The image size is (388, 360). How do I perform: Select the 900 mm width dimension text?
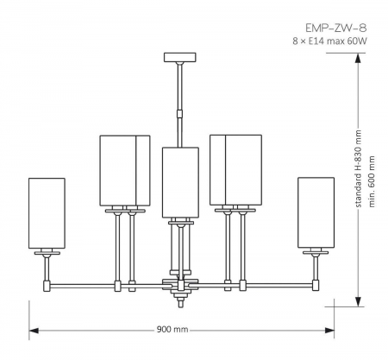[172, 331]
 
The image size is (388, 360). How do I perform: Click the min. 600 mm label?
[372, 186]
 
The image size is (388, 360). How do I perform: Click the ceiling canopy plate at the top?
[178, 58]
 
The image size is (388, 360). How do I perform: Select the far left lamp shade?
[47, 212]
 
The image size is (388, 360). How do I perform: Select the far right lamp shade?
[315, 212]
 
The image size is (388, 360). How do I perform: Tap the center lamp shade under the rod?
[180, 181]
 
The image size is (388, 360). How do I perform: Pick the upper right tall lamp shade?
[235, 170]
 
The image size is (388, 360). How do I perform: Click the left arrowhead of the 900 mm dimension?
[33, 331]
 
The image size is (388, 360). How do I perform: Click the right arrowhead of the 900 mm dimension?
[329, 331]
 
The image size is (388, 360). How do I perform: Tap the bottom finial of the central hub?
[180, 299]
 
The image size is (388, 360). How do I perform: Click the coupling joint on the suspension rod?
[179, 112]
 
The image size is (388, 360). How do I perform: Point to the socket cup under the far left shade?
[47, 252]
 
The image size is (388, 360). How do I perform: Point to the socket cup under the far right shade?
[315, 252]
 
